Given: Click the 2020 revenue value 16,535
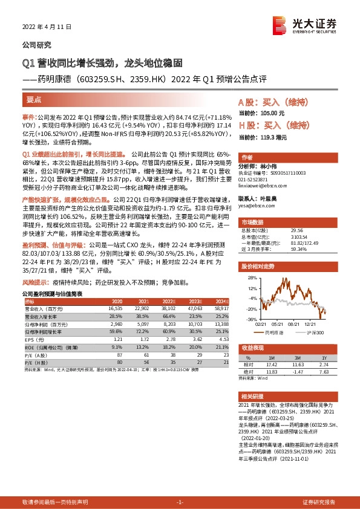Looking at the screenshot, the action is tap(114, 308).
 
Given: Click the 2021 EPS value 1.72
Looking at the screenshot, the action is tap(143, 340).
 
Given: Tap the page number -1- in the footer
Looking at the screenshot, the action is tap(179, 502).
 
